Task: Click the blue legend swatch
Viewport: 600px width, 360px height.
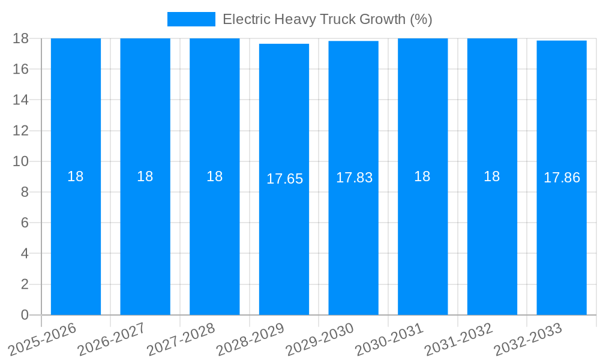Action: [x=191, y=19]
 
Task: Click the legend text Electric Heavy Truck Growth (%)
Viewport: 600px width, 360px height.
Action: [x=327, y=19]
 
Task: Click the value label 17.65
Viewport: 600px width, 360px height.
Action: [x=284, y=179]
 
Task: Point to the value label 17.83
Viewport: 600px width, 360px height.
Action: [x=354, y=178]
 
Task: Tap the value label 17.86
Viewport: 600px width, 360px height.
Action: [x=562, y=178]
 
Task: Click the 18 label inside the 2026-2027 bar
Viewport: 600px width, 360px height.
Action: [x=145, y=176]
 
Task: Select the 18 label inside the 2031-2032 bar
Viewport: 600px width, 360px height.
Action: [x=492, y=176]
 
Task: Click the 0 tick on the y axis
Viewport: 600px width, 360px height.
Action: [x=25, y=315]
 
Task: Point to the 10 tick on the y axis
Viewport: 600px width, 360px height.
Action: [x=21, y=161]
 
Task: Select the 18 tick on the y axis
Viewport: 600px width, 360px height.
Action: [x=21, y=38]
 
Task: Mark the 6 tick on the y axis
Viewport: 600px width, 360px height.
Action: [x=25, y=223]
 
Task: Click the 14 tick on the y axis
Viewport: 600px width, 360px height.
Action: [x=21, y=100]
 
